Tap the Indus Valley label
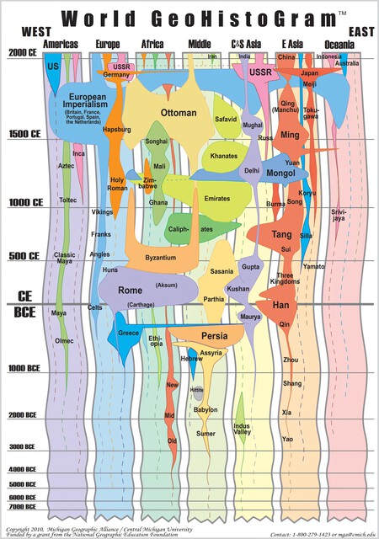242,430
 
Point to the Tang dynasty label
281,234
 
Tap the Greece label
129,333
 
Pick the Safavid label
226,120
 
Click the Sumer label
206,434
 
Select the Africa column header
152,44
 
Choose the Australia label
347,63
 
